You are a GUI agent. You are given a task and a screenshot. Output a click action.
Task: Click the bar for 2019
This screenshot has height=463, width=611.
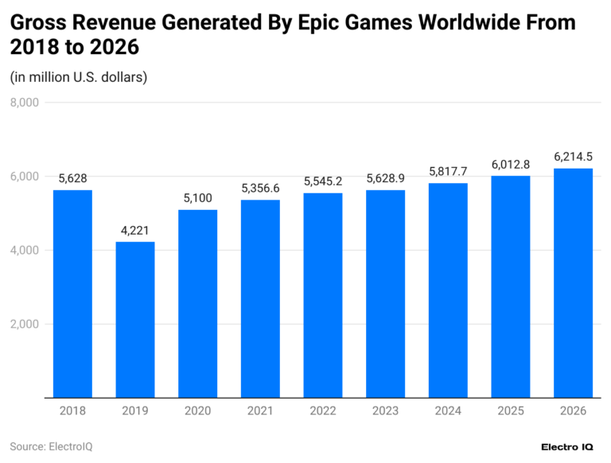point(135,320)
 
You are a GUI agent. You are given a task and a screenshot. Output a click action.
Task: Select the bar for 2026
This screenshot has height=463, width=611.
point(573,282)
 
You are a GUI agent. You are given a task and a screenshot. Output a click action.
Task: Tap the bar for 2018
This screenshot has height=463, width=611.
point(72,294)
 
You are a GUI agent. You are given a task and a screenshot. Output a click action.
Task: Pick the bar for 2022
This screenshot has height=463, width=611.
point(323,295)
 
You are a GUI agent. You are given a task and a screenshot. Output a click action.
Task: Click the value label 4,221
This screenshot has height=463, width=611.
point(135,230)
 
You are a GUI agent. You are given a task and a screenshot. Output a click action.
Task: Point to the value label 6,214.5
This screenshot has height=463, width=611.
point(573,156)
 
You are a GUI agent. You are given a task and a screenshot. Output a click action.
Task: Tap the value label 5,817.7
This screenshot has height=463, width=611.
point(448,171)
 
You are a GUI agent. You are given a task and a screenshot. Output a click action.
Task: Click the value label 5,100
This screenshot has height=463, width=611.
point(198,197)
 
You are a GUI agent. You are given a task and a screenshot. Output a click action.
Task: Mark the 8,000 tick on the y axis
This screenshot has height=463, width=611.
point(24,103)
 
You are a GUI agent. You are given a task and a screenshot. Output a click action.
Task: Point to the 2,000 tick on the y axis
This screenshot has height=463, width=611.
point(24,324)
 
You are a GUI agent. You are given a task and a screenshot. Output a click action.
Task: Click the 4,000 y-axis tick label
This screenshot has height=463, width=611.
point(24,250)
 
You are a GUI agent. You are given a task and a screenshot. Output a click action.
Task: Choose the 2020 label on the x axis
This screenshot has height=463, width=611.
point(198,411)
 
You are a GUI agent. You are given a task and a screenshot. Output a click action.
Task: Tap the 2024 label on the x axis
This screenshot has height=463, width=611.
point(448,411)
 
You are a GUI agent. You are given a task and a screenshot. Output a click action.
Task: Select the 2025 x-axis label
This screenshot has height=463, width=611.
point(510,411)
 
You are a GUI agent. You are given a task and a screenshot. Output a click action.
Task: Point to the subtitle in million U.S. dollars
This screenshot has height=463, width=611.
point(79,77)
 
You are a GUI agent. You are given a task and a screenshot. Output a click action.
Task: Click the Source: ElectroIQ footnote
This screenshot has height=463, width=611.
point(51,446)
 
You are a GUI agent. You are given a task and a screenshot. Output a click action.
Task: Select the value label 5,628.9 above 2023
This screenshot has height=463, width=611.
point(385,178)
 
